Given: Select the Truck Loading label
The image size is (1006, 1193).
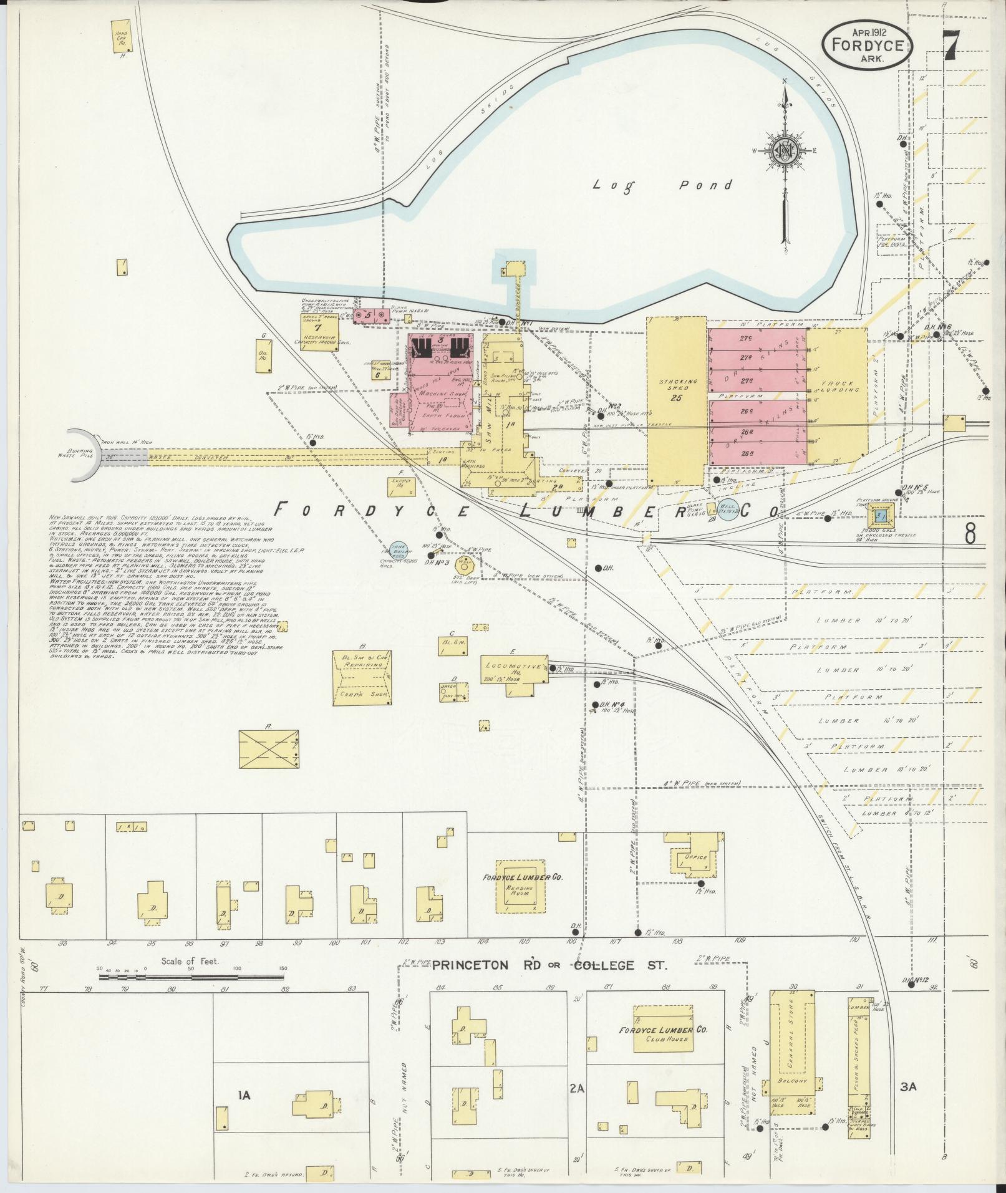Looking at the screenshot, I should click(x=838, y=386).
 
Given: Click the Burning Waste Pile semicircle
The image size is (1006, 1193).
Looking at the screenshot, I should click(x=84, y=455).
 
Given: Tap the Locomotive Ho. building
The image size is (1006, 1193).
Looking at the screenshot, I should click(x=515, y=670).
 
